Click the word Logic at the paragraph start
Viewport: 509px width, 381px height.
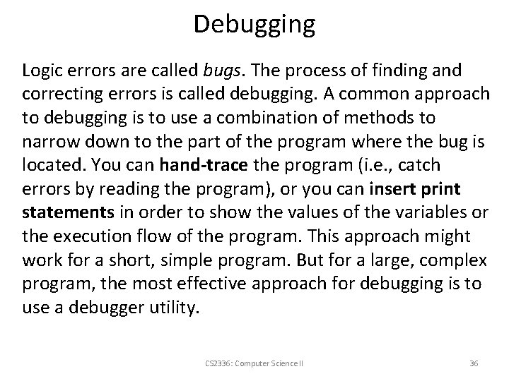tap(42, 71)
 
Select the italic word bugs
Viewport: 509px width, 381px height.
tap(222, 71)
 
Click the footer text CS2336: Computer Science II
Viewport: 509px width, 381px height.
tap(254, 363)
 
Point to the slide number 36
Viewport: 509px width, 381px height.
tap(474, 363)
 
